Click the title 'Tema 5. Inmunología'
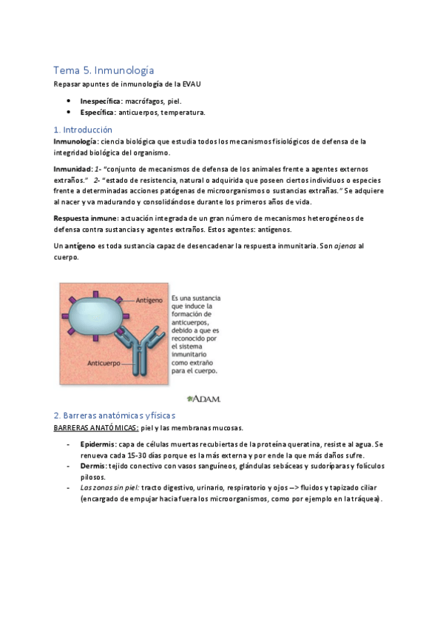[104, 70]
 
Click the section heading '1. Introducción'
[83, 129]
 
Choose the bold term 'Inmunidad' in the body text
[71, 169]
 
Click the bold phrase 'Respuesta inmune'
[84, 218]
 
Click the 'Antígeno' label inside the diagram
[151, 301]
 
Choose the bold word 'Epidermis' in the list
[98, 444]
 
